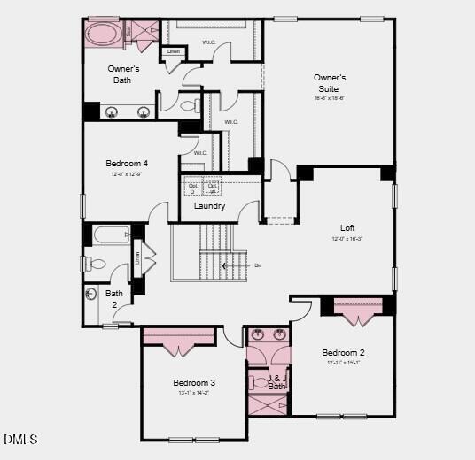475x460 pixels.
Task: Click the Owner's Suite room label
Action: tap(330, 83)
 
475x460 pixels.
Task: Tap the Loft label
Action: tap(347, 227)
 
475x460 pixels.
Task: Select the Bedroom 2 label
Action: tap(344, 352)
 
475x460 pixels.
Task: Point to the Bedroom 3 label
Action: tap(194, 382)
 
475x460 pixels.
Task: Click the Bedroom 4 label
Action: tap(127, 164)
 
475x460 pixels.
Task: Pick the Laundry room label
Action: tap(209, 206)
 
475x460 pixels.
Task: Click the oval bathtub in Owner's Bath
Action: tap(105, 35)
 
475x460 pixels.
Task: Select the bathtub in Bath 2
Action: tap(111, 235)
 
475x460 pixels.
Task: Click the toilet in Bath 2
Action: tap(95, 263)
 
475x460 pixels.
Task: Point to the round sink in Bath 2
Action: tap(91, 295)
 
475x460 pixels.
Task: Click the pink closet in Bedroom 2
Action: tap(358, 309)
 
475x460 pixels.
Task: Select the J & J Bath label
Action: tap(276, 382)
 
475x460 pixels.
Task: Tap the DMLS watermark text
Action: tap(20, 439)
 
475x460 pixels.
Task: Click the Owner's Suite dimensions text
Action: tap(329, 99)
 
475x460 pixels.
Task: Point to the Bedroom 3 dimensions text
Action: tap(194, 393)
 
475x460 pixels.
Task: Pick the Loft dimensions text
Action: tap(347, 239)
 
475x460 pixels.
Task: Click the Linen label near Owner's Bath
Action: tap(174, 51)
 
